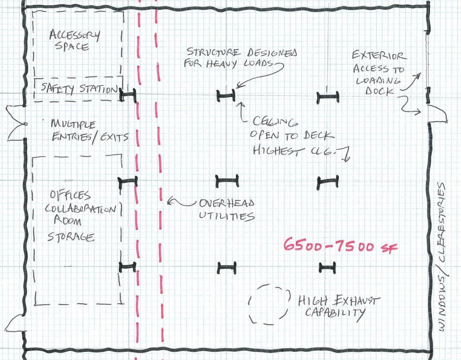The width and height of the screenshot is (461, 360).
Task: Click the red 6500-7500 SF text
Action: (340, 246)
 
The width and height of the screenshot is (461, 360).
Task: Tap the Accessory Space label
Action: (74, 40)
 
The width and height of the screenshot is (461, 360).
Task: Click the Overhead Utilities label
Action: (227, 209)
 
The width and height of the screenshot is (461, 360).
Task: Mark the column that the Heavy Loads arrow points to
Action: (226, 96)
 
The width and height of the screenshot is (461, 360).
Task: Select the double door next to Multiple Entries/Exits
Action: (16, 122)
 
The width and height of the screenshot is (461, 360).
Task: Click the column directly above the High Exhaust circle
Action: (227, 267)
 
